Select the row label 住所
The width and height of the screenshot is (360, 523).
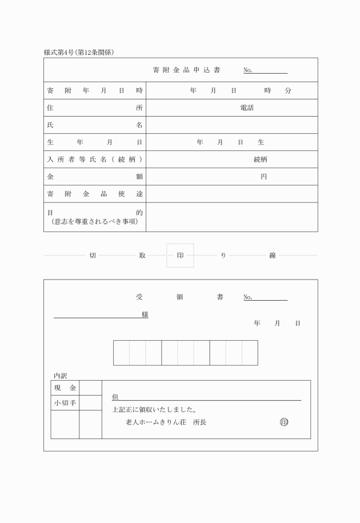coord(94,108)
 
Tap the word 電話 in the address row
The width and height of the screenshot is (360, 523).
coord(247,108)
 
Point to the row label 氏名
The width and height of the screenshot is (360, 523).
coord(94,125)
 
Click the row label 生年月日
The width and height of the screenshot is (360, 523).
coord(94,142)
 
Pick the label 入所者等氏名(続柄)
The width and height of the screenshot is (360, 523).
coord(94,159)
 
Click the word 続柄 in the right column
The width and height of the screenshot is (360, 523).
coord(260,159)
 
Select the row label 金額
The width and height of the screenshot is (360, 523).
coord(94,177)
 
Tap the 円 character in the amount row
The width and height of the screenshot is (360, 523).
coord(263,177)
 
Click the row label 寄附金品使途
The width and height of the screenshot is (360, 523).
coord(94,194)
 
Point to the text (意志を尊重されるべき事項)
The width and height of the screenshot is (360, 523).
coord(94,221)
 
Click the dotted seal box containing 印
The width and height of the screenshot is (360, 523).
coord(180,255)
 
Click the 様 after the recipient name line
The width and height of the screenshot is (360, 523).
coord(145,315)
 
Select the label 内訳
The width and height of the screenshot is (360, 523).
coord(60,376)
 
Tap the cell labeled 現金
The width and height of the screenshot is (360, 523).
coord(65,388)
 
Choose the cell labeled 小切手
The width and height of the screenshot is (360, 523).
coord(65,403)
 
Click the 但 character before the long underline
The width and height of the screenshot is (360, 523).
coord(115,397)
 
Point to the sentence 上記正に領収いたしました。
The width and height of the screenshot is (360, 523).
coord(155,409)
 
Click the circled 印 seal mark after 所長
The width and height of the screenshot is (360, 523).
coord(284,422)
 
